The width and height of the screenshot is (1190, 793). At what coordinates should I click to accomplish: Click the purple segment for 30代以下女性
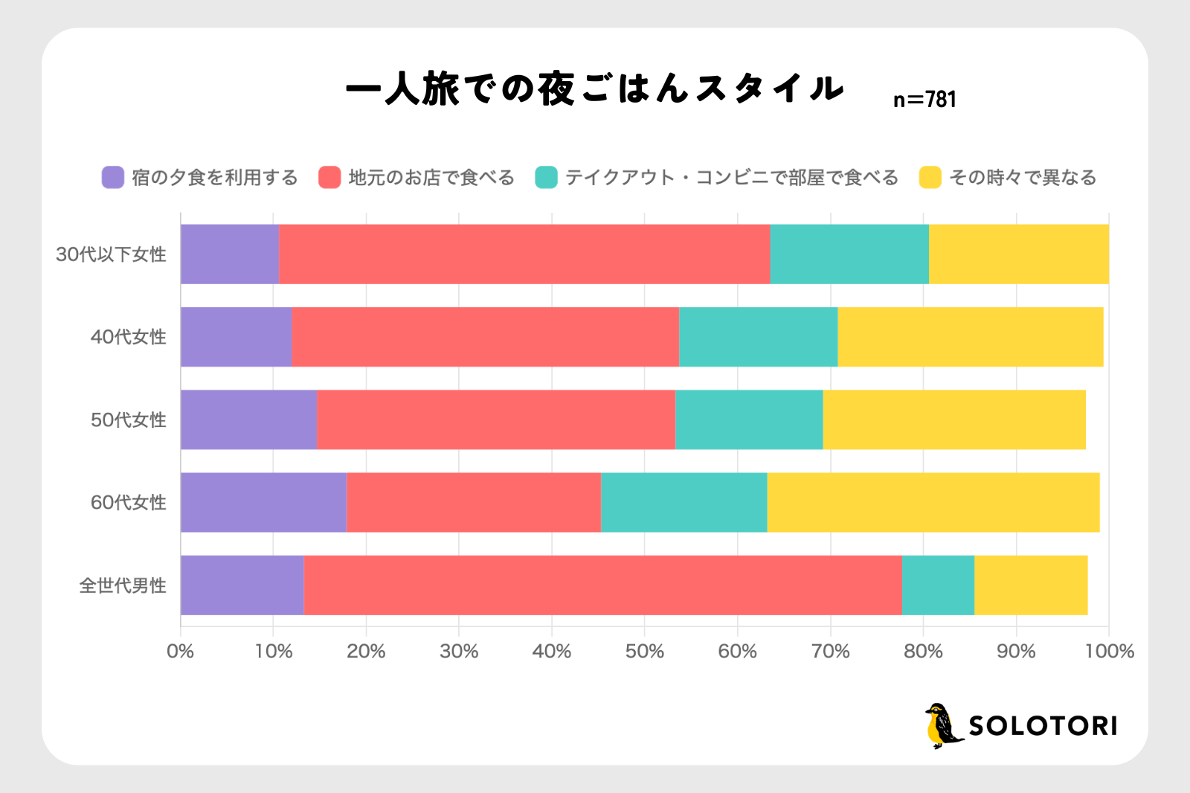[x=229, y=254]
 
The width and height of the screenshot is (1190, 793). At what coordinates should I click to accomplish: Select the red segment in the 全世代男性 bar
[x=602, y=585]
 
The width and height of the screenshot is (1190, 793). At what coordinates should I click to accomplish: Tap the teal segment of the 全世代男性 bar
[x=938, y=585]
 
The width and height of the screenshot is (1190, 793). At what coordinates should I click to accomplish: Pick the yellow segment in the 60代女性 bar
[x=933, y=502]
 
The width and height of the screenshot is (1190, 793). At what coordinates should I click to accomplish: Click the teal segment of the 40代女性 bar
[x=758, y=336]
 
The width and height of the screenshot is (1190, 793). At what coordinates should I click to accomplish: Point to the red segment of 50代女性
[x=495, y=420]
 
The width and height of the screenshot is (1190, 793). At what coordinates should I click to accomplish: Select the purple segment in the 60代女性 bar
[x=263, y=502]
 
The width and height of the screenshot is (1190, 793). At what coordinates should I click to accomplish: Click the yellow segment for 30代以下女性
[x=1018, y=254]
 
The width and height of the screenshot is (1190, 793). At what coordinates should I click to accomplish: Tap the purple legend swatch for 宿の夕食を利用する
[x=113, y=177]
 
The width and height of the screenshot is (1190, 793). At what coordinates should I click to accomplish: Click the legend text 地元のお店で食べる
[x=431, y=177]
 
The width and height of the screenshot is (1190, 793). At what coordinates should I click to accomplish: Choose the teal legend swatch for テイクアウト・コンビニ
[x=546, y=177]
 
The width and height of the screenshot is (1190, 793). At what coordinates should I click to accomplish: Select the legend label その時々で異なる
[x=1023, y=177]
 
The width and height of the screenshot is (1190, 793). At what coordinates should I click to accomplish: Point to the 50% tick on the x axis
[x=644, y=652]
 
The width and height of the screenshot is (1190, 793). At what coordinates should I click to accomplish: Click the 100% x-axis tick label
[x=1109, y=652]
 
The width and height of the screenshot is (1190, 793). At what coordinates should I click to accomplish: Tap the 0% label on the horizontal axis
[x=181, y=652]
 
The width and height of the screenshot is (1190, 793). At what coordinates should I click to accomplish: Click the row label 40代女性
[x=128, y=337]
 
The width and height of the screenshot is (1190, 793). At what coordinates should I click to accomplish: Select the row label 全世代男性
[x=122, y=585]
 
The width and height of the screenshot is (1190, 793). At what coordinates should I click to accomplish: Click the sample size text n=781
[x=924, y=100]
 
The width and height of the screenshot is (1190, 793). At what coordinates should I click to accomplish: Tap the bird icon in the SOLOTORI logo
[x=942, y=725]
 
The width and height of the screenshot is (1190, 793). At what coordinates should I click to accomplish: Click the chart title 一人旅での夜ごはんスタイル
[x=595, y=89]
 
